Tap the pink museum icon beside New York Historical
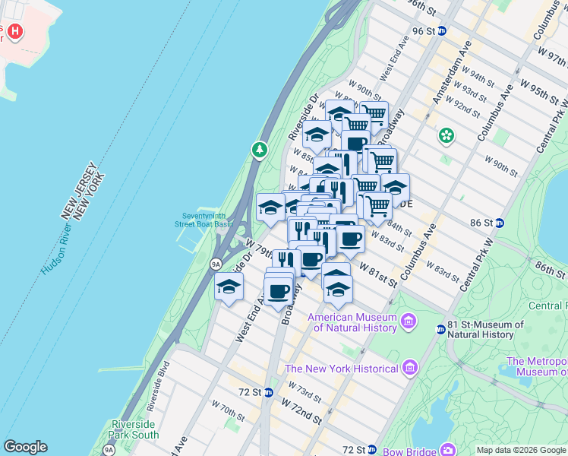click(410, 368)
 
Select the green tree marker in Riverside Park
click(260, 149)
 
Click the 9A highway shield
click(216, 264)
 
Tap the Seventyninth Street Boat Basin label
click(204, 219)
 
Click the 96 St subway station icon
click(442, 30)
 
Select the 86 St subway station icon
click(499, 223)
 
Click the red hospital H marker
click(14, 33)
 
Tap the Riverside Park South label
click(135, 429)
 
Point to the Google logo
click(25, 447)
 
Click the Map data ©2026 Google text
click(520, 450)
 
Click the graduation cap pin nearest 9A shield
click(229, 287)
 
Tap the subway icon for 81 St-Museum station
click(440, 329)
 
